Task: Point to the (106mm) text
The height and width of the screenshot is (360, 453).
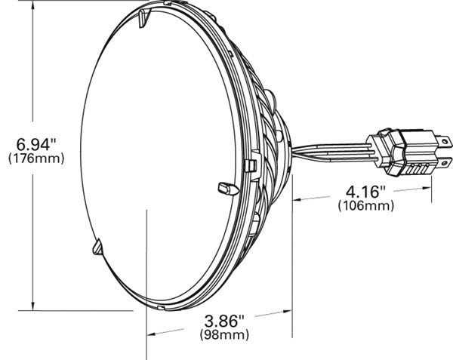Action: tap(367, 205)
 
